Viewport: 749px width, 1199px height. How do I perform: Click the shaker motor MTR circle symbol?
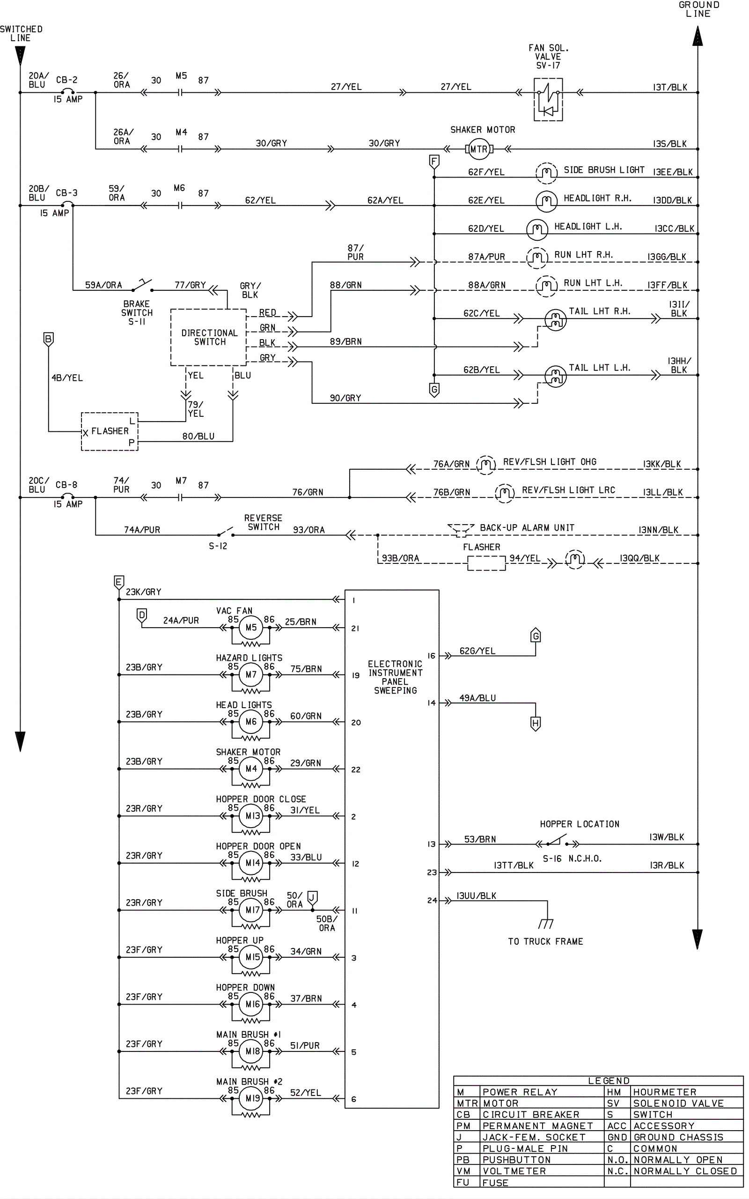478,148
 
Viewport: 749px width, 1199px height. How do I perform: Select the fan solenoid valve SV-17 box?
548,100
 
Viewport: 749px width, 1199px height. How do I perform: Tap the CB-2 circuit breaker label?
66,80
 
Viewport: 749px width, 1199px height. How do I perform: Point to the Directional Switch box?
209,337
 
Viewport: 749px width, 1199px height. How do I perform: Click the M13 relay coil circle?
252,815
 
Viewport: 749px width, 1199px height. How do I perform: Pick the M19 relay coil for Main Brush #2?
252,1098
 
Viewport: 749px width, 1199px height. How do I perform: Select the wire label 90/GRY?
345,398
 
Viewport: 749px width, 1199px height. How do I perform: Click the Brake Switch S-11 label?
137,313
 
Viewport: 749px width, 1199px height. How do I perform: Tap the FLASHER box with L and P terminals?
110,431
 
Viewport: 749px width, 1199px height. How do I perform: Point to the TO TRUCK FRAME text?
545,941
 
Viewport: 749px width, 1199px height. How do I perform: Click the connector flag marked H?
535,723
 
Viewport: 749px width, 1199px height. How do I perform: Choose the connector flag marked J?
312,897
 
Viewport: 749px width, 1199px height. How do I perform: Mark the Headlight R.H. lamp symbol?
546,200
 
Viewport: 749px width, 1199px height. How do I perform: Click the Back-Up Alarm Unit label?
527,528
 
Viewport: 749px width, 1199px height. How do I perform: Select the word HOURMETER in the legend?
665,1092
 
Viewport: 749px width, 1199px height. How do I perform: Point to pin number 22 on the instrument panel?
356,770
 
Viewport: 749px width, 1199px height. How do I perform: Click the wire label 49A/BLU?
477,697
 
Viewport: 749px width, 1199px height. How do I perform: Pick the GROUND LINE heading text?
698,9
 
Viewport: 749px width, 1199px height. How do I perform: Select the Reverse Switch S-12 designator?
218,546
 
